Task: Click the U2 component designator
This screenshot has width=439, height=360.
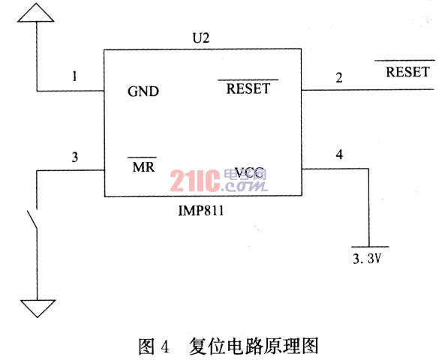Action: tap(201, 38)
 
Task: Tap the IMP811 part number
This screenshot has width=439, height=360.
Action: tap(201, 211)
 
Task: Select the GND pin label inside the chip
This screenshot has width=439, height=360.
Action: tap(143, 91)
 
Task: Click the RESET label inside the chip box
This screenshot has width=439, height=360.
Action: tap(248, 88)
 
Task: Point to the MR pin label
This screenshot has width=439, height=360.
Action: tap(143, 167)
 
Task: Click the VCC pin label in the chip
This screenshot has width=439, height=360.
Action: tap(249, 172)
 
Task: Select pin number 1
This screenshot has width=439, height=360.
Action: tap(74, 76)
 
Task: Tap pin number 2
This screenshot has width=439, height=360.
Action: tap(339, 78)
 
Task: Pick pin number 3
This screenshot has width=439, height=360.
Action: tap(75, 157)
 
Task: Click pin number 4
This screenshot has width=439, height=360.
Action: tap(339, 154)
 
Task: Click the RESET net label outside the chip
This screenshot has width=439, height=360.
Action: tap(407, 72)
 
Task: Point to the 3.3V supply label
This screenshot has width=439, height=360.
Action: tap(367, 259)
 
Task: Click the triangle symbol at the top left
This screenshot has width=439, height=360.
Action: tap(36, 13)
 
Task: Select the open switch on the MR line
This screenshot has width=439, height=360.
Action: tap(33, 220)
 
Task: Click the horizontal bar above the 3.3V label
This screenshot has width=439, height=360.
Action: tap(370, 247)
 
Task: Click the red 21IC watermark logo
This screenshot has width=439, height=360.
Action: tap(195, 181)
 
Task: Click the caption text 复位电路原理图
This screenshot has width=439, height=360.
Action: tap(254, 346)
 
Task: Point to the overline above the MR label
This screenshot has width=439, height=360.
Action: tap(143, 157)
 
